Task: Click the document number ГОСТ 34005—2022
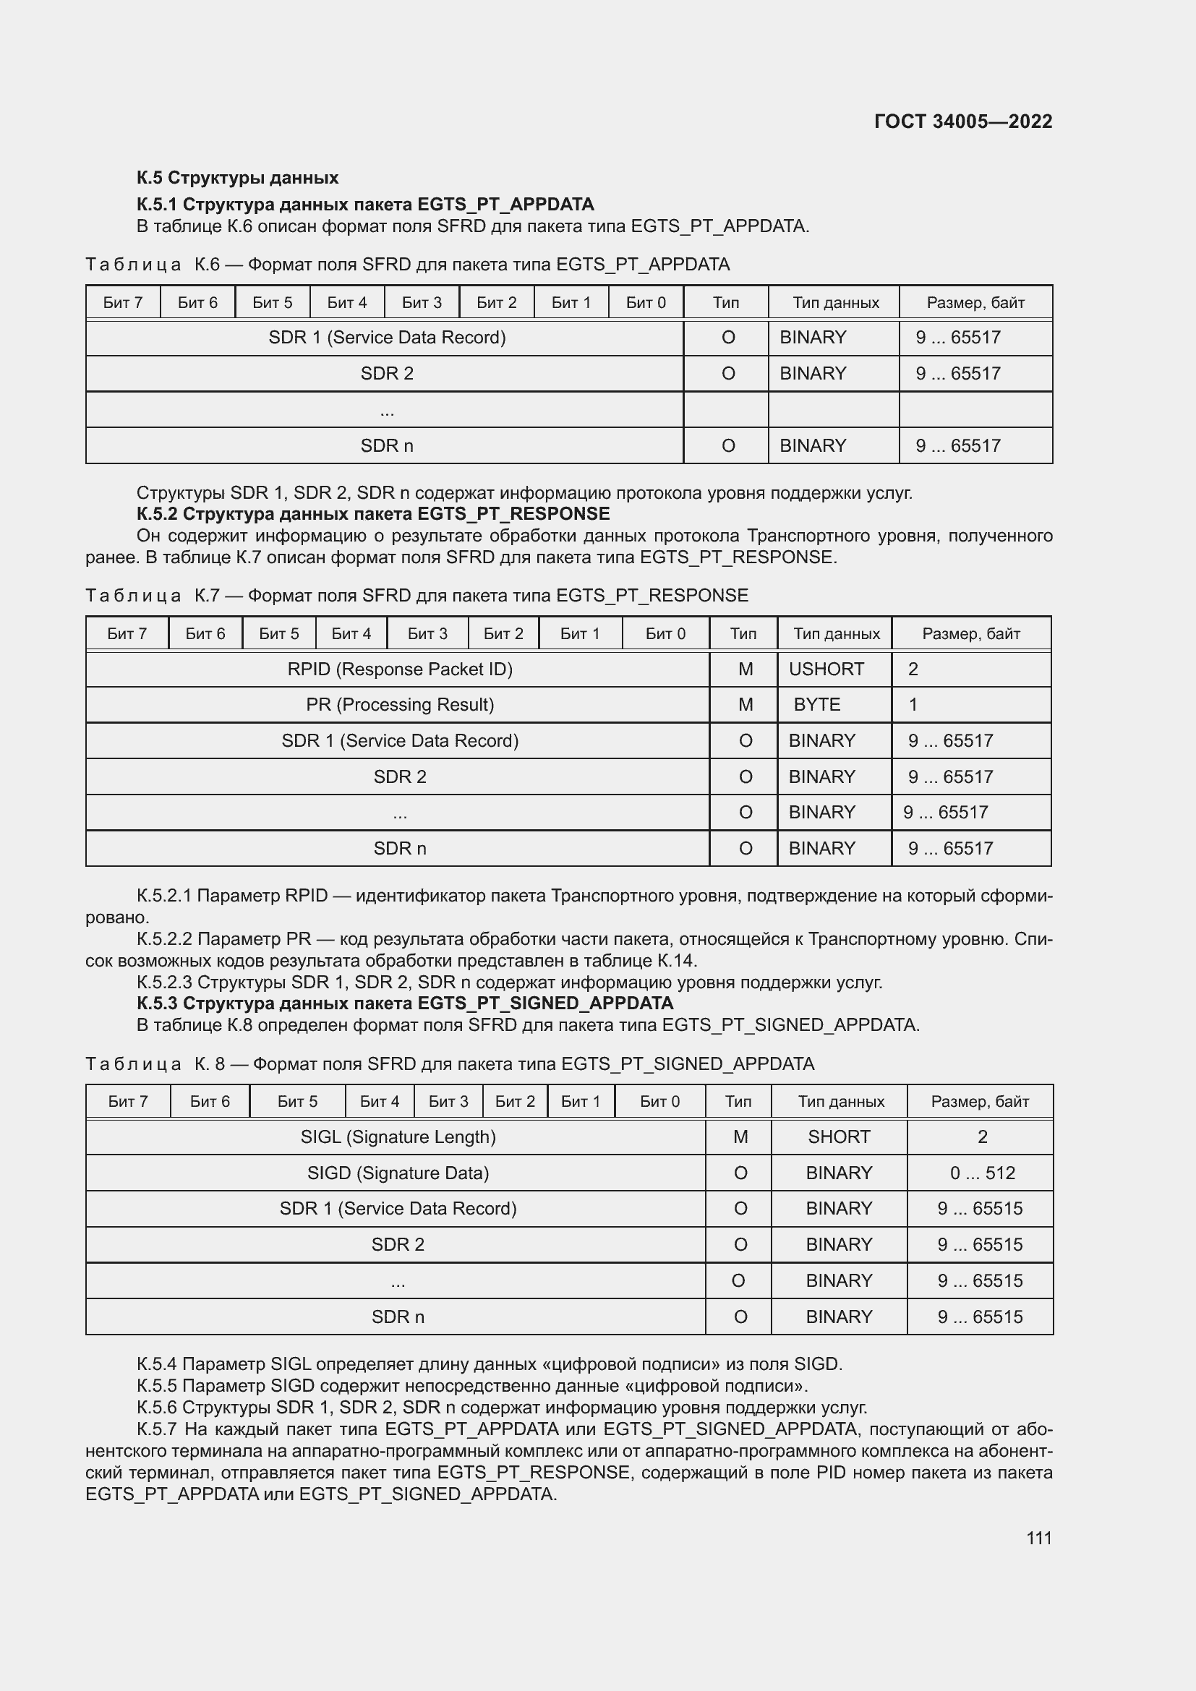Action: point(962,121)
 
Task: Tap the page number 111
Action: point(1038,1538)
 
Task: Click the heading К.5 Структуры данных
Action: point(237,178)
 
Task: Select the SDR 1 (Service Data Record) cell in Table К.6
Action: point(387,338)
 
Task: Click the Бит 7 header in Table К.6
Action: point(122,303)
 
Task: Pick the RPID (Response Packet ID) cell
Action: point(399,669)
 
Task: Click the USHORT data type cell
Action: point(826,669)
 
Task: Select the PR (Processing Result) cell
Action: point(399,705)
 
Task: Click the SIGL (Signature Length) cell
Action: point(398,1137)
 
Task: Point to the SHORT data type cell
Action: point(838,1137)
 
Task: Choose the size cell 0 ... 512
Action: point(982,1173)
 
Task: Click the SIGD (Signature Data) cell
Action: point(398,1173)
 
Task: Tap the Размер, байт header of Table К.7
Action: point(970,634)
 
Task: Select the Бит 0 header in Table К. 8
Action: point(659,1102)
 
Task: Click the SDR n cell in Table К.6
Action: point(387,445)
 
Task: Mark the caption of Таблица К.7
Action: point(416,595)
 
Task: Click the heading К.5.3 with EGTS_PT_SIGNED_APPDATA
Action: point(404,1003)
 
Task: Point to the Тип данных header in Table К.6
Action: point(835,303)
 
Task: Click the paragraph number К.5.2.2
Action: point(164,939)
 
